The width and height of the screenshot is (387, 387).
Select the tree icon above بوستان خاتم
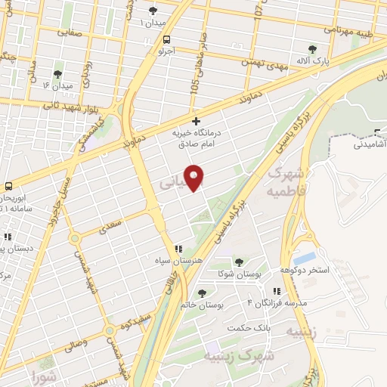tap(201, 293)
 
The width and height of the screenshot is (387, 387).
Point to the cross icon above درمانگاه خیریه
tap(197, 121)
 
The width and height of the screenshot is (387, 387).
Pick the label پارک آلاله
tap(313, 60)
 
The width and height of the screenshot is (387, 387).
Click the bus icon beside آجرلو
tap(166, 41)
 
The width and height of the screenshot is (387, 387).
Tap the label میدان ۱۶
tap(58, 85)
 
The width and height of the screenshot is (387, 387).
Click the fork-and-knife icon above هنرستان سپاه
tap(178, 248)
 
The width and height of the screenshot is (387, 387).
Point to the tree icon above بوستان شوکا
tap(239, 262)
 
